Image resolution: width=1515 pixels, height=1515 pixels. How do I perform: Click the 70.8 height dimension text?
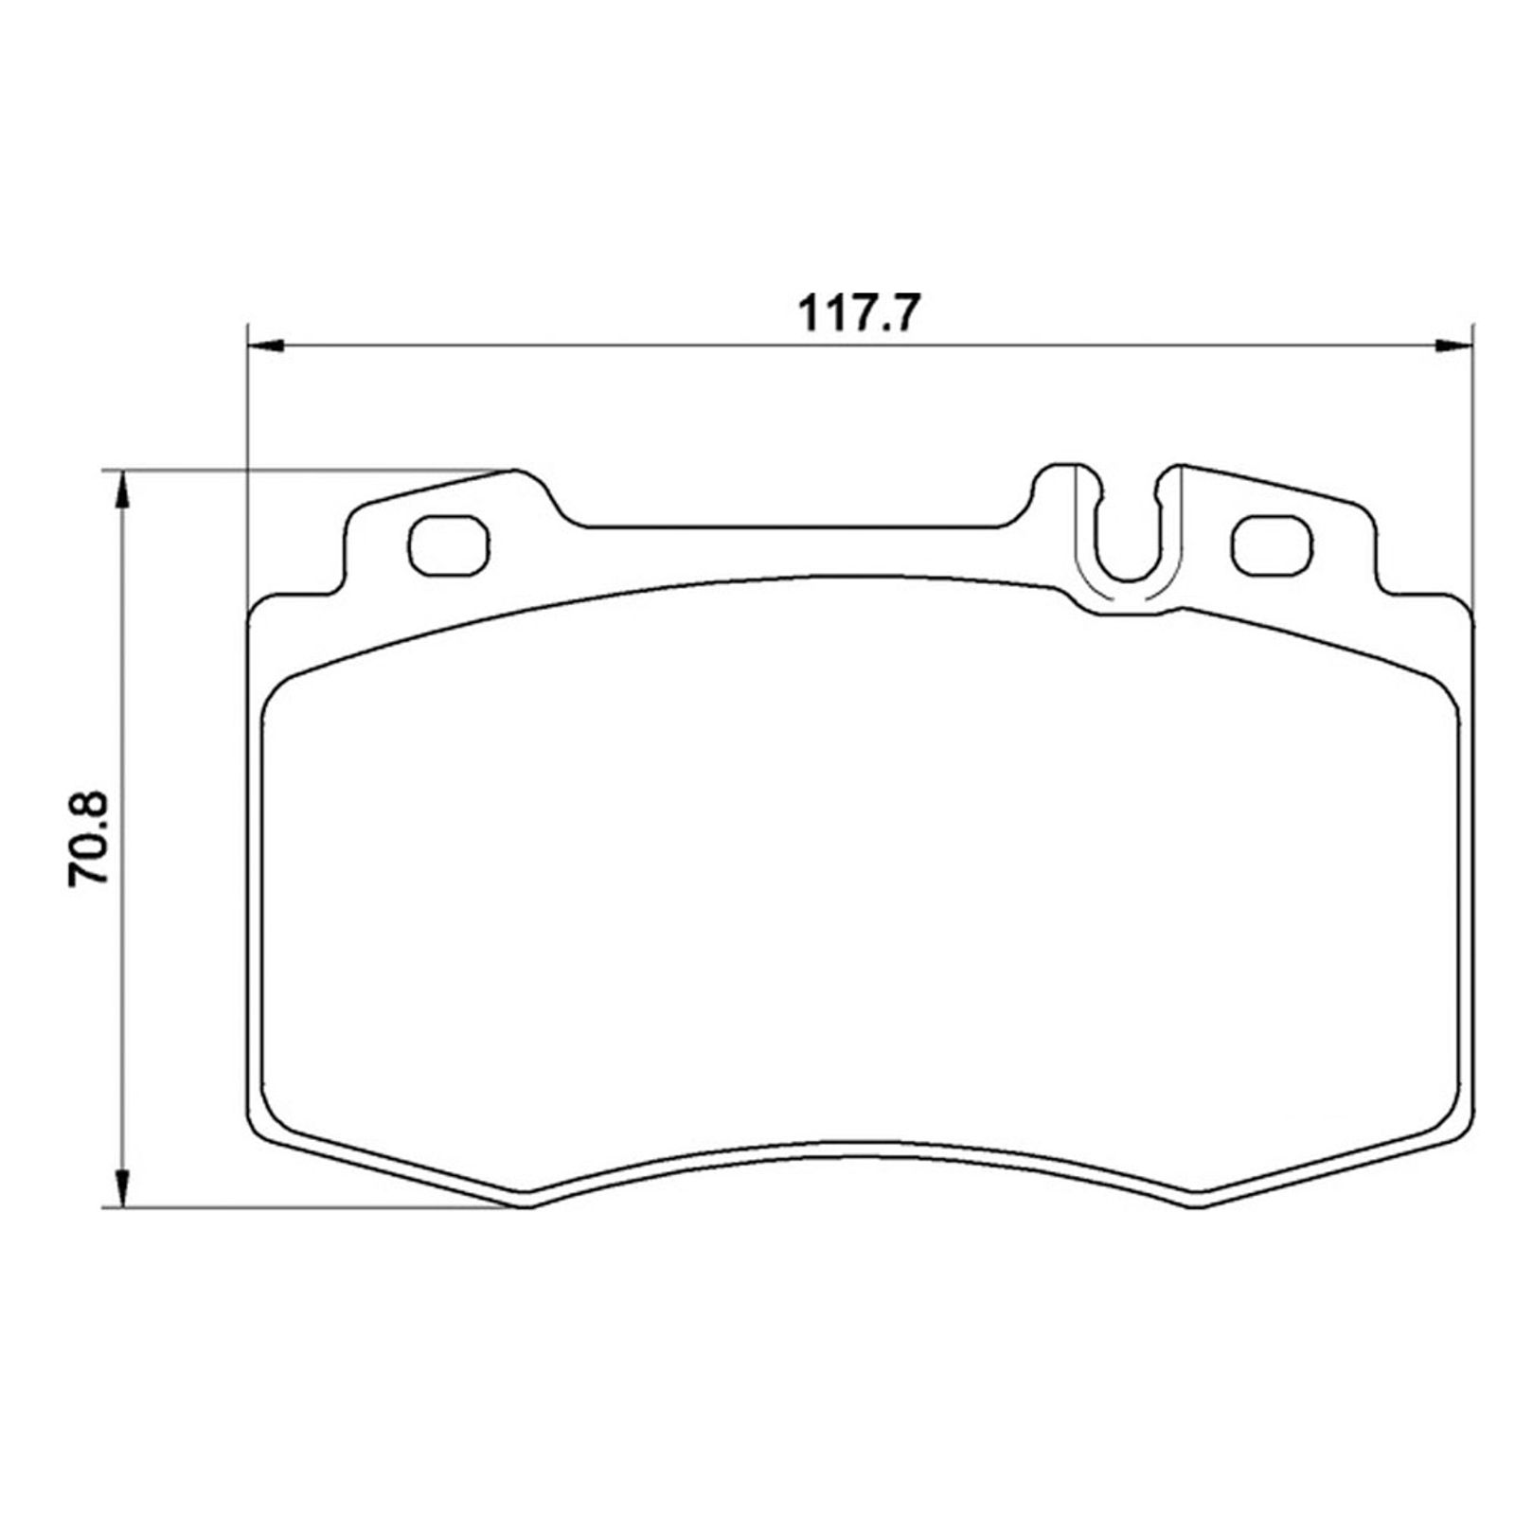tap(91, 839)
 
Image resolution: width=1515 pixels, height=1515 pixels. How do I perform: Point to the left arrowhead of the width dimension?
tap(265, 346)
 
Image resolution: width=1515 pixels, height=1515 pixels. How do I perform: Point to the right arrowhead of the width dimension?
tap(1453, 346)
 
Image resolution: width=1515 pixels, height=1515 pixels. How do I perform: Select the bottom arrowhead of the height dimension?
tap(121, 1186)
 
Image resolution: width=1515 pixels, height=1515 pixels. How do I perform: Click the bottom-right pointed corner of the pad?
tap(1196, 1205)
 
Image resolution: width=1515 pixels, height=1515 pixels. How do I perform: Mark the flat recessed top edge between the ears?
tap(791, 526)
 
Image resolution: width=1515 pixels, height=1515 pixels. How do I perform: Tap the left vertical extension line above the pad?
tap(246, 426)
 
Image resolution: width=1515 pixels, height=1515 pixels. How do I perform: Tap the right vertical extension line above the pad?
tap(1472, 426)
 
